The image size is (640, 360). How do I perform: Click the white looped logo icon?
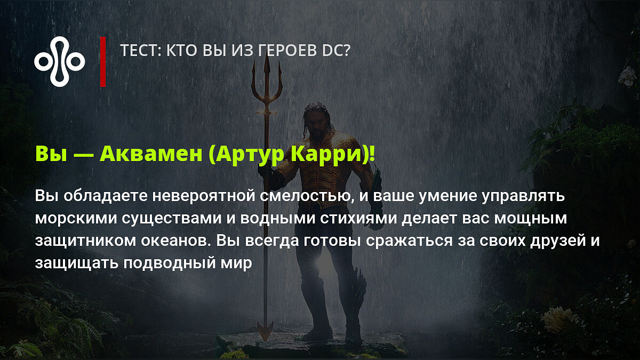tap(59, 61)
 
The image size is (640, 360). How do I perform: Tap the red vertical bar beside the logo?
tap(103, 61)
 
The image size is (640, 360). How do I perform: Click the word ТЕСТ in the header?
tap(139, 50)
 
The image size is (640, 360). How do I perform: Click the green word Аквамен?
tap(151, 154)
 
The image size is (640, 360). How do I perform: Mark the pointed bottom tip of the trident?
tap(266, 341)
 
